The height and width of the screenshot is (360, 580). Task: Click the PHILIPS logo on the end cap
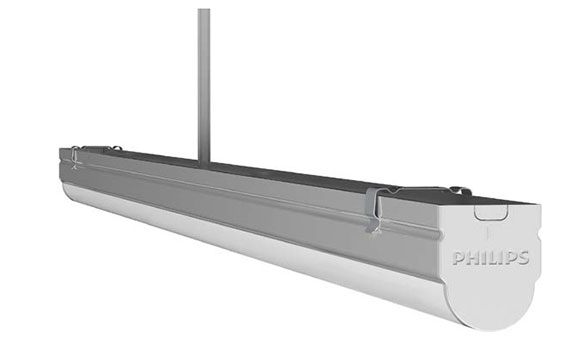click(491, 258)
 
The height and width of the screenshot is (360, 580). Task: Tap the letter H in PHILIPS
click(472, 258)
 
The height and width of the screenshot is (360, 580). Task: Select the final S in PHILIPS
click(523, 258)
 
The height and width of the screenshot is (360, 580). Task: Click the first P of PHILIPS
click(458, 258)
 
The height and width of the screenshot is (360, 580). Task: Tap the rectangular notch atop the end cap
click(491, 213)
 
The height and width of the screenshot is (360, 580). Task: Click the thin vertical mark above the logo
click(488, 233)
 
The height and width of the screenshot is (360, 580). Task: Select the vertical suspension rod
click(204, 87)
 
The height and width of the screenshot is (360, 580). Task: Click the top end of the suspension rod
click(204, 10)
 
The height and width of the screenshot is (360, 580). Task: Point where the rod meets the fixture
click(204, 164)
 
